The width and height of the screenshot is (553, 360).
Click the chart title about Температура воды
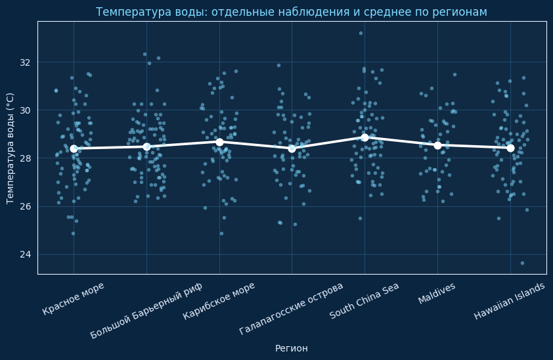[291, 12]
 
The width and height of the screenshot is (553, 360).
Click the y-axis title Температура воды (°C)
[11, 148]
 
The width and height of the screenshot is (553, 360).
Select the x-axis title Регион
[291, 348]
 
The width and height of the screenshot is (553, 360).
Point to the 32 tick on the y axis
[26, 62]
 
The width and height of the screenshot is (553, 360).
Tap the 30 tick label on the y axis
[26, 110]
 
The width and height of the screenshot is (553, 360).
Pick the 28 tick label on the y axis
[26, 158]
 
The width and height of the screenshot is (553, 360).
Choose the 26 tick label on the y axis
[26, 206]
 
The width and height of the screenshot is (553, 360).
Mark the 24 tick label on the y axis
[26, 254]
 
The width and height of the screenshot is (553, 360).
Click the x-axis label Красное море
[74, 299]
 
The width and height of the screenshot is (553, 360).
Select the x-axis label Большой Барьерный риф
[146, 310]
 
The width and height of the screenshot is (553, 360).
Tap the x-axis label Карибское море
[219, 301]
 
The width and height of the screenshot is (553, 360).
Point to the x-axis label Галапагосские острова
[292, 308]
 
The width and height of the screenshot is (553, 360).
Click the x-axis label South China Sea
[365, 301]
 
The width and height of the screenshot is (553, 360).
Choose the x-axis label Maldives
[437, 294]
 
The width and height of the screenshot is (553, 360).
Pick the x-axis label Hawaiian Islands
[510, 302]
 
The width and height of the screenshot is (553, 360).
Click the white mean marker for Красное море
[74, 148]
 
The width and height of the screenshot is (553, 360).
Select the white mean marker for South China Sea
[365, 137]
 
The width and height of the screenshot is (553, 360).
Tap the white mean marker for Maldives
[437, 145]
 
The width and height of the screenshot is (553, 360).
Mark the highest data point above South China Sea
[361, 33]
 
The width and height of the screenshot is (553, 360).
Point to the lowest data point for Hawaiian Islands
[522, 263]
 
